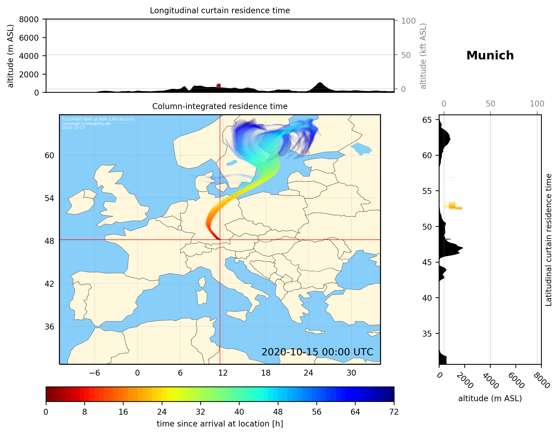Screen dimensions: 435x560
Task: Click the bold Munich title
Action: [490, 56]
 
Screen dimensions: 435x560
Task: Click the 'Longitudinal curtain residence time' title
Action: [220, 10]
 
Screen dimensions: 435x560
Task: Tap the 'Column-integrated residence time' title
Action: [220, 106]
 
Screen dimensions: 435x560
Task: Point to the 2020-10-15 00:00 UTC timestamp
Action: [317, 352]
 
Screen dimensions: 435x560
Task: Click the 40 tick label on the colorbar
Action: [239, 412]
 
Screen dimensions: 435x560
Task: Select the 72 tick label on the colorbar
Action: [394, 412]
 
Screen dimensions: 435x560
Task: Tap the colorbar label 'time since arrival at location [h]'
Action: [220, 424]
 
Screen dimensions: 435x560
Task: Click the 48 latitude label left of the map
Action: [49, 241]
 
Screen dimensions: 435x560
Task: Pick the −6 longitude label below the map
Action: [94, 373]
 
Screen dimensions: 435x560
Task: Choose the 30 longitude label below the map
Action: [351, 373]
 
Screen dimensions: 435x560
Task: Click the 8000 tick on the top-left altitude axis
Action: [29, 19]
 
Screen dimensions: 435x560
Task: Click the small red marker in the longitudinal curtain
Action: [219, 85]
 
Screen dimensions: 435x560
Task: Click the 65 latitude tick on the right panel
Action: [427, 120]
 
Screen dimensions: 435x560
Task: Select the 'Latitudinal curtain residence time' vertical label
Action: [548, 240]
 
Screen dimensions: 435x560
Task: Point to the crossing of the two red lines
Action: [220, 240]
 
